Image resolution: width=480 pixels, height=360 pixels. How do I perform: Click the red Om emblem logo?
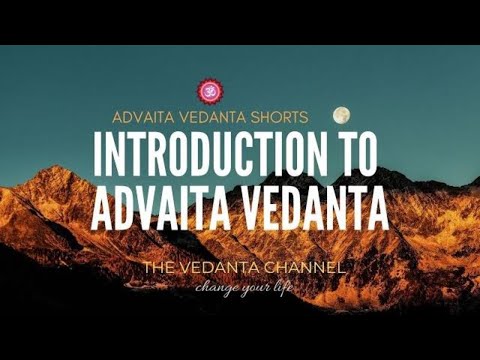click(210, 92)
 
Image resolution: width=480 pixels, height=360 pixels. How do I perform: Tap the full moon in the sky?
click(341, 115)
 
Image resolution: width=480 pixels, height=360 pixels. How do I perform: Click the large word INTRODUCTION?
click(205, 156)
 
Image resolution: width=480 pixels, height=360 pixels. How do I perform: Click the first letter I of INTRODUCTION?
click(98, 156)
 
